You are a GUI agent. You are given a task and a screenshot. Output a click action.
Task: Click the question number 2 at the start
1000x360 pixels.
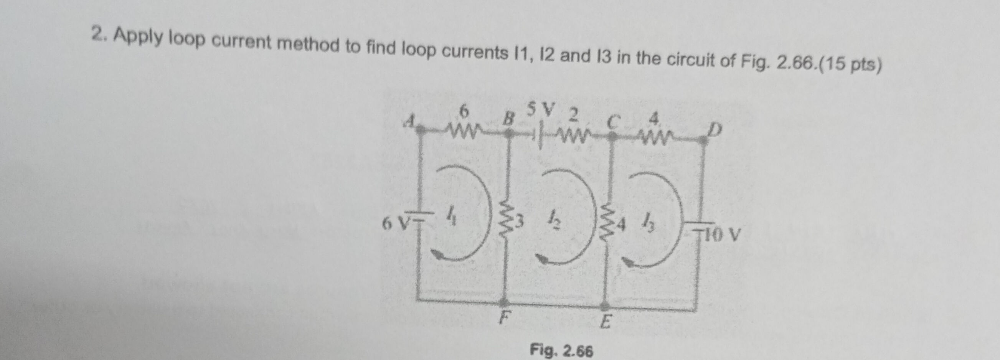click(99, 34)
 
